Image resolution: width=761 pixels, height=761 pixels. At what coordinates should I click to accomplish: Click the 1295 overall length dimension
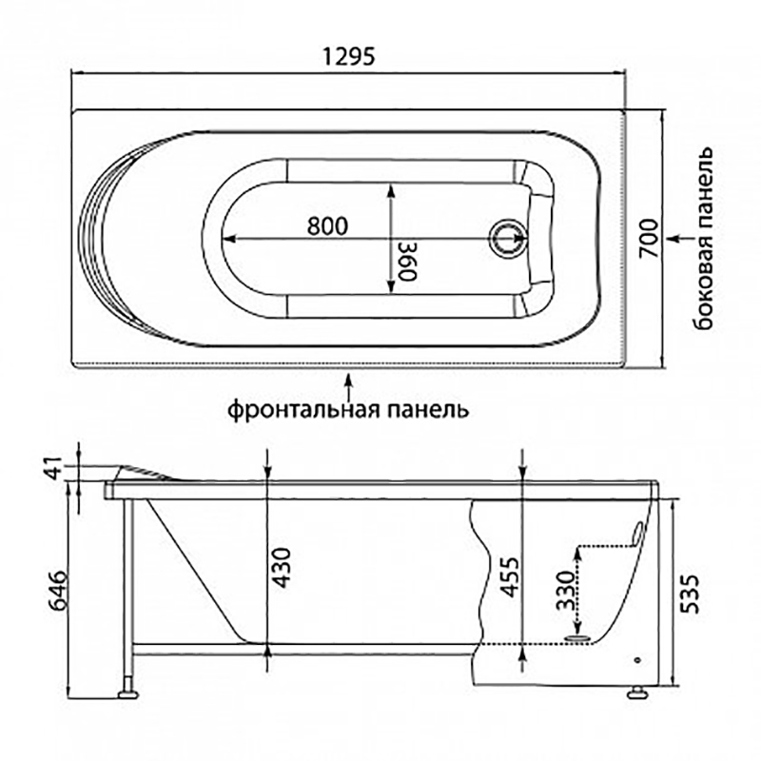tap(348, 56)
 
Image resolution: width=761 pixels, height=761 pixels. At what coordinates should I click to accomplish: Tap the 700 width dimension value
tap(649, 239)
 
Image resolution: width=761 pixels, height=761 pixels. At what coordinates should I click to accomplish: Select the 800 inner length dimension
tap(327, 225)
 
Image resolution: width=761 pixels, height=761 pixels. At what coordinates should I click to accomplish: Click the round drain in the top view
tap(508, 239)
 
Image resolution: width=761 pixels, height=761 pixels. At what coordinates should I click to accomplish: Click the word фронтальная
tap(303, 409)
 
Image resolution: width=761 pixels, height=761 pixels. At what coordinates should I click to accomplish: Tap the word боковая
tap(703, 283)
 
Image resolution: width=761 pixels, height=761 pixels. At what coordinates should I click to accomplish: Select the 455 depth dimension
tap(509, 576)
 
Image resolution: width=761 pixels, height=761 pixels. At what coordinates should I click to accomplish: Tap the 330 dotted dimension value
tap(565, 590)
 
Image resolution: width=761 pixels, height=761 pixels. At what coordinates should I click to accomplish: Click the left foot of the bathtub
tap(128, 694)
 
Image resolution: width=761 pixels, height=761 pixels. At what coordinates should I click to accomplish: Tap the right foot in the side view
tap(637, 693)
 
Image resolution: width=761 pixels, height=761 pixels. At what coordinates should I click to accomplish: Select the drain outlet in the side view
tap(578, 636)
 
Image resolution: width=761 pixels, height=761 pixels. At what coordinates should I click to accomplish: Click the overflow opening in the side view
tap(636, 533)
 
